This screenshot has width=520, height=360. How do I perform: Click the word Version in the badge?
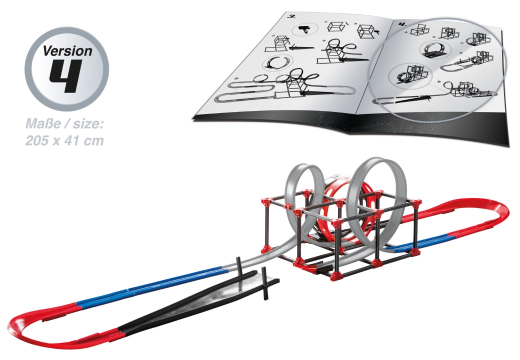coord(67,51)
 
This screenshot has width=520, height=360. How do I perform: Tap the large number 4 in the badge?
coord(65,76)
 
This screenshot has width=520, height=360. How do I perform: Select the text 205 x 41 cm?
coord(64,140)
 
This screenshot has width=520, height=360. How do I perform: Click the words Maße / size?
coord(65,124)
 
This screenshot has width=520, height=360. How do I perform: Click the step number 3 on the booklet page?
coord(292,17)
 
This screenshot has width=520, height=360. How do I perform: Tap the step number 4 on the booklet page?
coord(402,24)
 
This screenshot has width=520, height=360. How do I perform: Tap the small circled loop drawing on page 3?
coord(277,62)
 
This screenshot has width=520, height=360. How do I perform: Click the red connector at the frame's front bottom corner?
coord(335,275)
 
